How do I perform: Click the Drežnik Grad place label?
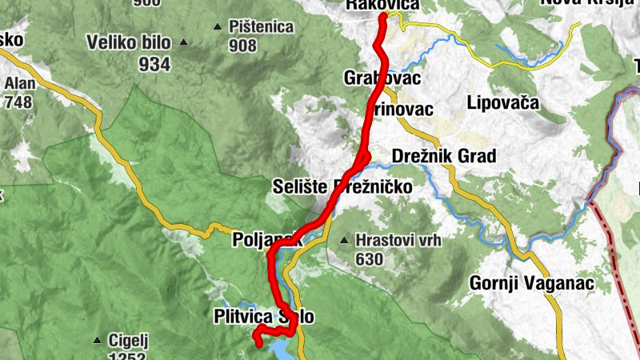[x=444, y=155]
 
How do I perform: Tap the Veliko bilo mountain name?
[x=130, y=42]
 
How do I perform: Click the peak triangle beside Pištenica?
[x=218, y=27]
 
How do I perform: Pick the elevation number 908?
[x=242, y=46]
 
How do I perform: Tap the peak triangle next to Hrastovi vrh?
[x=344, y=240]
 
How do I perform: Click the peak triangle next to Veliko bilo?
[x=184, y=42]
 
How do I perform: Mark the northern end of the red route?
[x=384, y=16]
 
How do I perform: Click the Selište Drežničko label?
[x=342, y=186]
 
